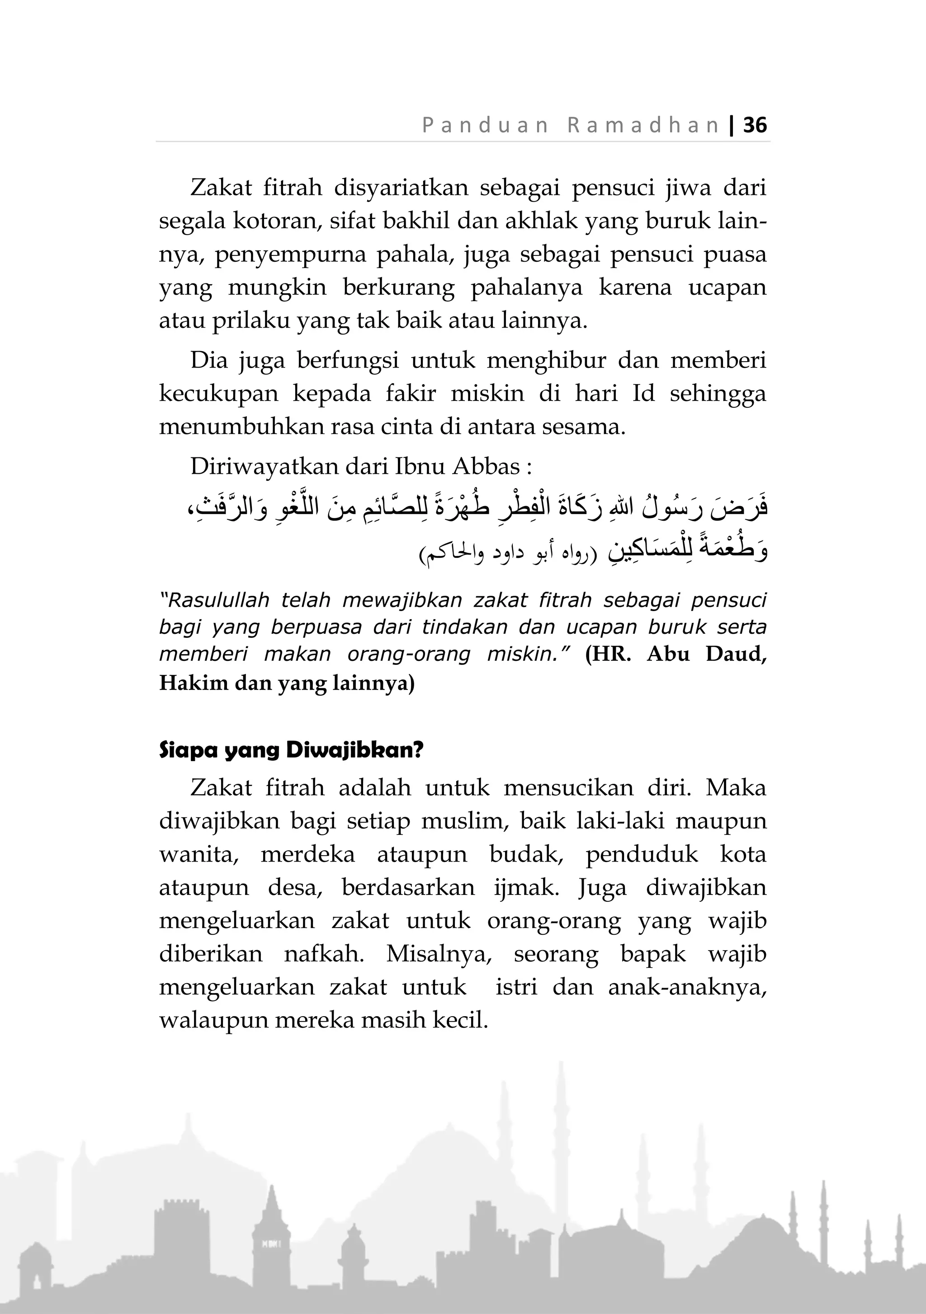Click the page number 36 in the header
tap(755, 125)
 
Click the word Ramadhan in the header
tap(643, 125)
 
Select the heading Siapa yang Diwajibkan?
tap(291, 750)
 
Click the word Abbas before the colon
tap(486, 466)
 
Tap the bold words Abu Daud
tap(707, 654)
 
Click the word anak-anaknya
tap(687, 987)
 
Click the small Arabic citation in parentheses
tap(508, 555)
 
